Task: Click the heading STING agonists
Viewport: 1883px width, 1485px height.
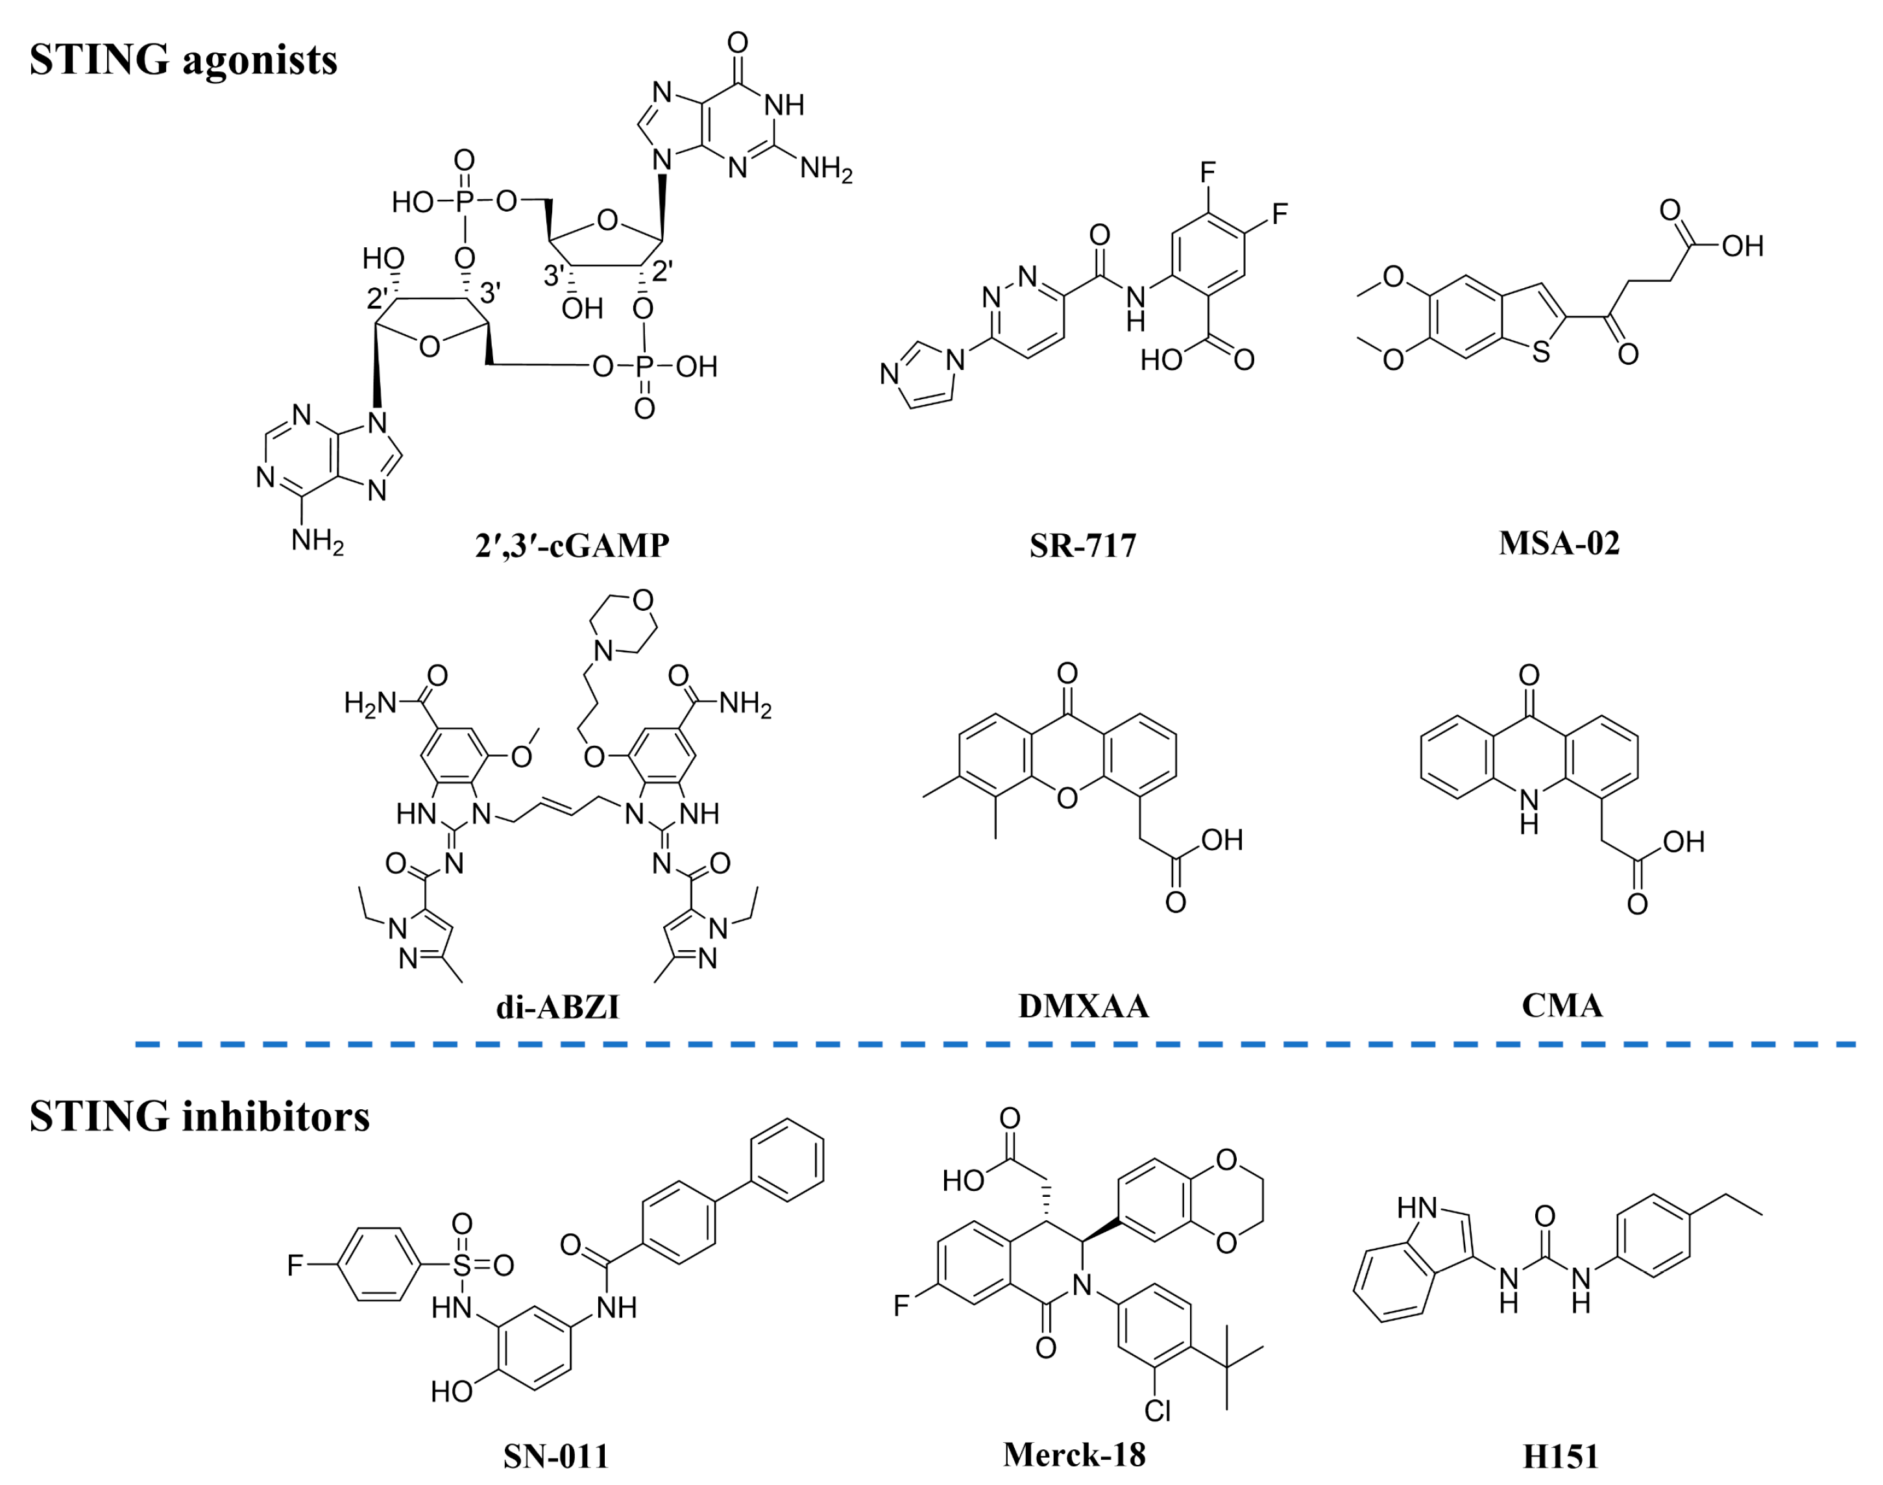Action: [x=184, y=60]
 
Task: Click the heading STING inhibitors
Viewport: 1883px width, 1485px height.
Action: [x=199, y=1116]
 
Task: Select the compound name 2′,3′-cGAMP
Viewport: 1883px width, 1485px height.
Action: [x=572, y=545]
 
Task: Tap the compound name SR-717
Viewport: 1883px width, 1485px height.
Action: [x=1082, y=545]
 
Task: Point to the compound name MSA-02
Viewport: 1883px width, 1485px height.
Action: [x=1559, y=543]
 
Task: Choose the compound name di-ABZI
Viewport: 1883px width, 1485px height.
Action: [x=557, y=1007]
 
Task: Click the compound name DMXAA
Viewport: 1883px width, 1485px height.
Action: [x=1083, y=1006]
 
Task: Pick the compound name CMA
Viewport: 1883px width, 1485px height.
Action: [x=1561, y=1006]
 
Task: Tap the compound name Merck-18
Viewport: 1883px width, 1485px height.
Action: [x=1074, y=1454]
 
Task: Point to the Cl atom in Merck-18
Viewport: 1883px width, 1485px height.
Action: [x=1157, y=1410]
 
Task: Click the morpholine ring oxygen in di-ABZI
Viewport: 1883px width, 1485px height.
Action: [x=643, y=600]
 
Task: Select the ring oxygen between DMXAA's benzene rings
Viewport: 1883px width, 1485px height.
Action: [x=1067, y=797]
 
